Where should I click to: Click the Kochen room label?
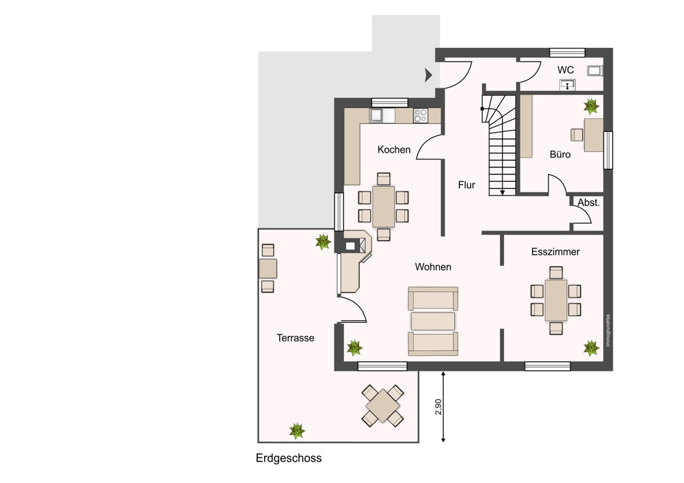[x=394, y=150]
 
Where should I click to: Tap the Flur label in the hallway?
[x=466, y=185]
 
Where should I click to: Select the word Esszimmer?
[x=555, y=252]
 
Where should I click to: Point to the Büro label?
[x=560, y=155]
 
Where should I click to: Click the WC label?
[x=566, y=70]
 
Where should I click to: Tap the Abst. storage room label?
[x=588, y=203]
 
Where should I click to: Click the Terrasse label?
[x=295, y=338]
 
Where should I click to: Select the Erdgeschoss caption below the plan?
[x=289, y=458]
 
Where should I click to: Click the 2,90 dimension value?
[x=439, y=406]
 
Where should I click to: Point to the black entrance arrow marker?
[x=428, y=75]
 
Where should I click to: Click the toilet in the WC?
[x=595, y=70]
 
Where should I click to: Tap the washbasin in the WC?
[x=568, y=85]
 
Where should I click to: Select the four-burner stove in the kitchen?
[x=421, y=116]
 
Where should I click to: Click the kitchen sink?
[x=376, y=116]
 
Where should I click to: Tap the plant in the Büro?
[x=591, y=106]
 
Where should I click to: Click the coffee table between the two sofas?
[x=433, y=321]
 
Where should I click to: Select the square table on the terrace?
[x=382, y=406]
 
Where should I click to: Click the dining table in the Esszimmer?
[x=555, y=300]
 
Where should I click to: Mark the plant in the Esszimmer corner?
[x=591, y=348]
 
